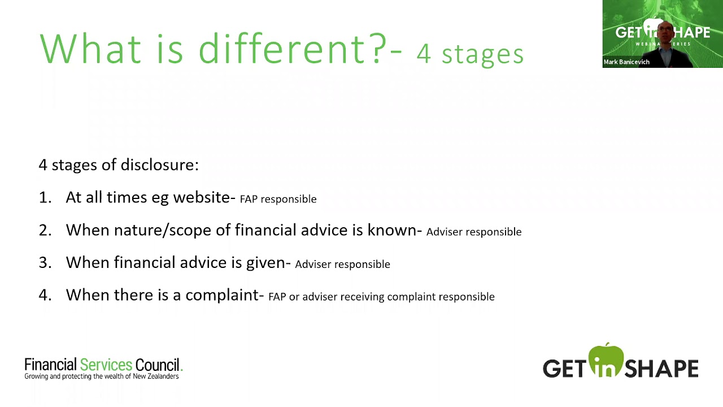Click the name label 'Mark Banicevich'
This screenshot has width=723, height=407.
coord(626,62)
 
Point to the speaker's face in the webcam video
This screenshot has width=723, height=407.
coord(665,34)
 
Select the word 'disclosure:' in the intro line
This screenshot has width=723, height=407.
coord(168,165)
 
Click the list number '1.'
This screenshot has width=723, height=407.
coord(45,197)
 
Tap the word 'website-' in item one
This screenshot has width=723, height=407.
coord(204,197)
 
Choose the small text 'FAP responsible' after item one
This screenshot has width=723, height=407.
coord(278,199)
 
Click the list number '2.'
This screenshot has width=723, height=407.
coord(45,230)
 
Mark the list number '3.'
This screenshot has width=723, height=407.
coord(45,262)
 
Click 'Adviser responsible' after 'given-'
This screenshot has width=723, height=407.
coord(342,265)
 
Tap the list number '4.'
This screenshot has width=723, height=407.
coord(45,295)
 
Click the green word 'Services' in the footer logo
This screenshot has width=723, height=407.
coord(106,365)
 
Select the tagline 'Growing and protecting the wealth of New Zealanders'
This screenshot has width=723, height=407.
coord(102,376)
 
